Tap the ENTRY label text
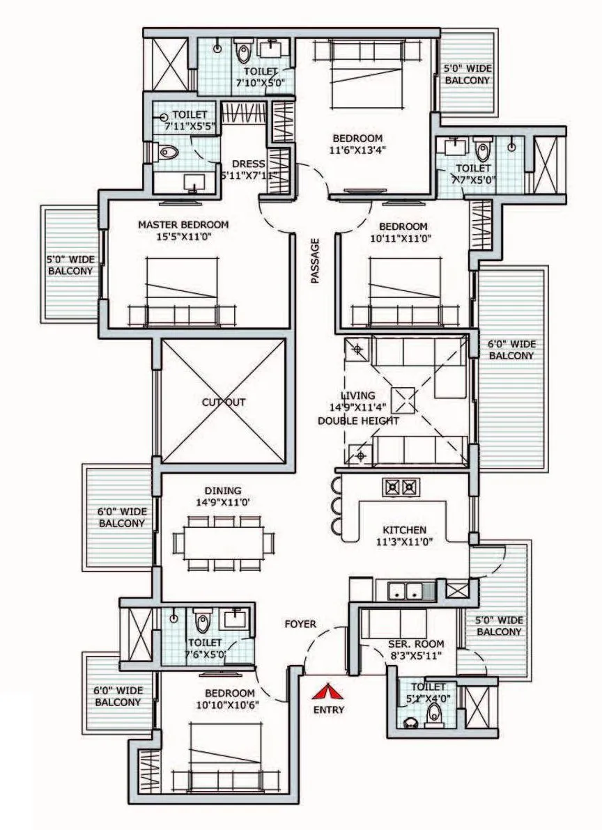tap(329, 710)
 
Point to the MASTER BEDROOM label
tap(183, 225)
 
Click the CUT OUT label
tap(224, 402)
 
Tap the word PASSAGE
tap(315, 261)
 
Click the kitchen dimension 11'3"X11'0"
tap(401, 541)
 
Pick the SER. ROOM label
tap(416, 643)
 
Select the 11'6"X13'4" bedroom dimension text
tap(357, 149)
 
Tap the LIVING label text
tap(358, 395)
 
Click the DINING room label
tap(218, 490)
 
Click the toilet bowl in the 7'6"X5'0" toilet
tap(203, 620)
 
